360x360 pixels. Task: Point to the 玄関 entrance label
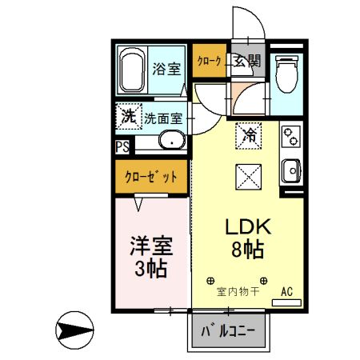click(x=246, y=61)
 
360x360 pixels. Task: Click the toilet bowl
click(x=283, y=73)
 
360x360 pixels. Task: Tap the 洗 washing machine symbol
click(x=128, y=117)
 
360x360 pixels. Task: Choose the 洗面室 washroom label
click(x=164, y=118)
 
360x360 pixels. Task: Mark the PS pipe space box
click(x=122, y=146)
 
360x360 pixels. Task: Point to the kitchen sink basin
click(x=291, y=170)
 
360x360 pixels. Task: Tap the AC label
click(x=286, y=292)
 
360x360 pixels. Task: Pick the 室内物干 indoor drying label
click(x=238, y=292)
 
